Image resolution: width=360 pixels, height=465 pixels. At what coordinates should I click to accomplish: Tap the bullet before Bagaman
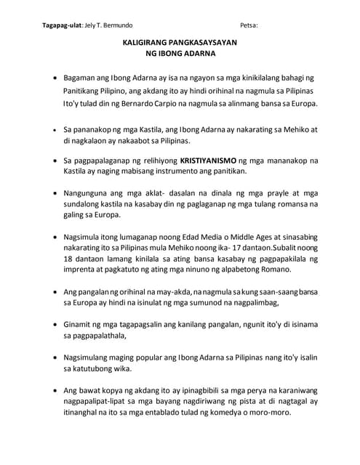(55, 77)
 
